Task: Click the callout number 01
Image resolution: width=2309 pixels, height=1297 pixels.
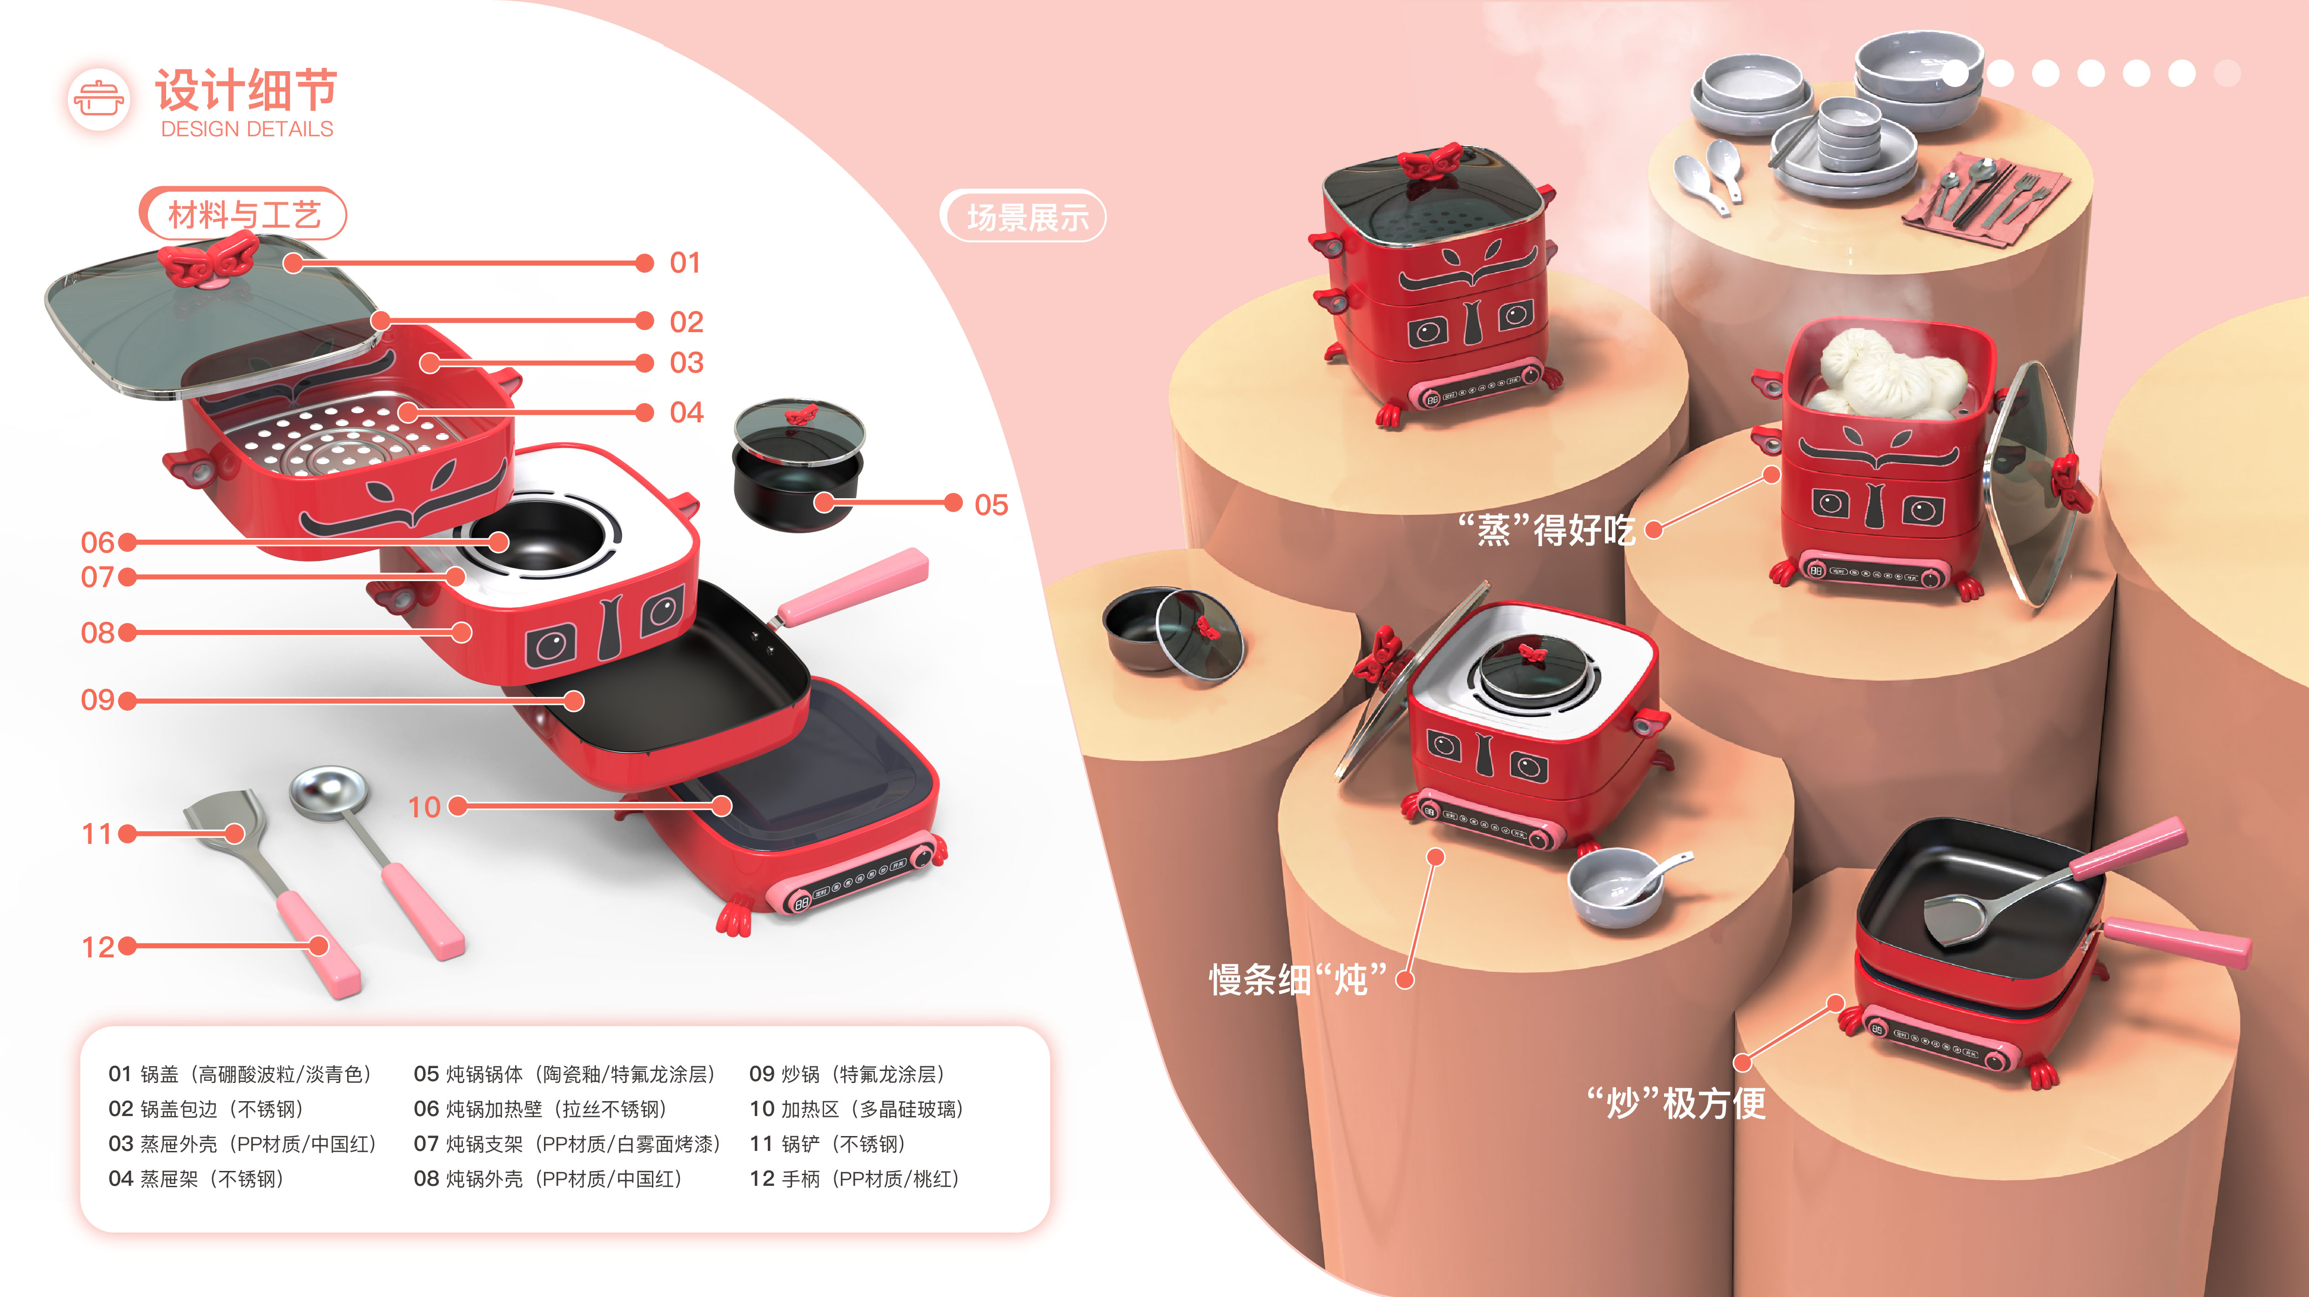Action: click(x=685, y=263)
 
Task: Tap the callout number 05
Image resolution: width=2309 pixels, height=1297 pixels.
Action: click(x=990, y=505)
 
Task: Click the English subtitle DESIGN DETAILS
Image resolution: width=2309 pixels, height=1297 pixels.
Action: click(x=247, y=129)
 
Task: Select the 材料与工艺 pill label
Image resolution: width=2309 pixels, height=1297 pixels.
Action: click(x=243, y=214)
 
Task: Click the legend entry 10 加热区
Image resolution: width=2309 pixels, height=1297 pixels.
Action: click(x=856, y=1109)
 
